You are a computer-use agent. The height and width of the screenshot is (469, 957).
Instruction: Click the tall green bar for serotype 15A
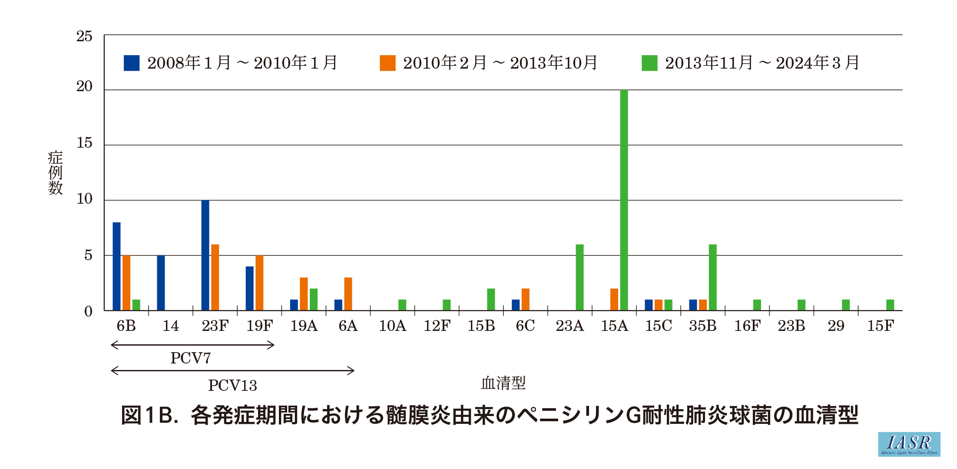[x=624, y=200]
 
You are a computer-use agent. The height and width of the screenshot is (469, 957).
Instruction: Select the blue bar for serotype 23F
[x=205, y=255]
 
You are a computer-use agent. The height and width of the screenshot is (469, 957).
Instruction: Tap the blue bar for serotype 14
[x=161, y=283]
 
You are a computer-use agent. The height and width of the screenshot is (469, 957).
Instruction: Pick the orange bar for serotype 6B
[x=126, y=283]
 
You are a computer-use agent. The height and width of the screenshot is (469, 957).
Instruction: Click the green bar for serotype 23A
[x=579, y=277]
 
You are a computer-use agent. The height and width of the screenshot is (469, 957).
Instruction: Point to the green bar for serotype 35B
[x=712, y=277]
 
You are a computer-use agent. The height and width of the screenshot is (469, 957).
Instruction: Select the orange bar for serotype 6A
[x=348, y=294]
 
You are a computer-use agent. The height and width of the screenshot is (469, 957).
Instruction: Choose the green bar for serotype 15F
[x=890, y=305]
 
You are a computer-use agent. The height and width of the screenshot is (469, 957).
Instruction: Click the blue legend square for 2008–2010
[x=132, y=63]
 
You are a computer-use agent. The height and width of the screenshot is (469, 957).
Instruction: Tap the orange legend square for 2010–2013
[x=387, y=63]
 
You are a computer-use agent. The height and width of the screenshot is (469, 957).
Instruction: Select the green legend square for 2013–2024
[x=649, y=63]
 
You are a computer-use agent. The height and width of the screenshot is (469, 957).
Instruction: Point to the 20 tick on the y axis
[x=85, y=86]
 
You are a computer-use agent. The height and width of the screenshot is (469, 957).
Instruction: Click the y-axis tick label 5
[x=88, y=255]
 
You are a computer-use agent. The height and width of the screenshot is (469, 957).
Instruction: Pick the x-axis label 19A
[x=304, y=326]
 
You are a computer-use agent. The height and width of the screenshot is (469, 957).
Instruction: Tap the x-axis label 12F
[x=437, y=326]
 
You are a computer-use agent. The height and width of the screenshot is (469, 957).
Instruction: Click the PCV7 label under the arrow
[x=191, y=358]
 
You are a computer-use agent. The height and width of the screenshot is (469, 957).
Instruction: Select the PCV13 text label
[x=232, y=385]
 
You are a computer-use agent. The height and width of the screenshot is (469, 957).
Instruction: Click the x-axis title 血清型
[x=503, y=383]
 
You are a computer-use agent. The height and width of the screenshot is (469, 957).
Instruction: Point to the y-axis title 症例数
[x=55, y=173]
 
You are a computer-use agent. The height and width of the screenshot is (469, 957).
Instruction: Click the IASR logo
[x=909, y=444]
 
